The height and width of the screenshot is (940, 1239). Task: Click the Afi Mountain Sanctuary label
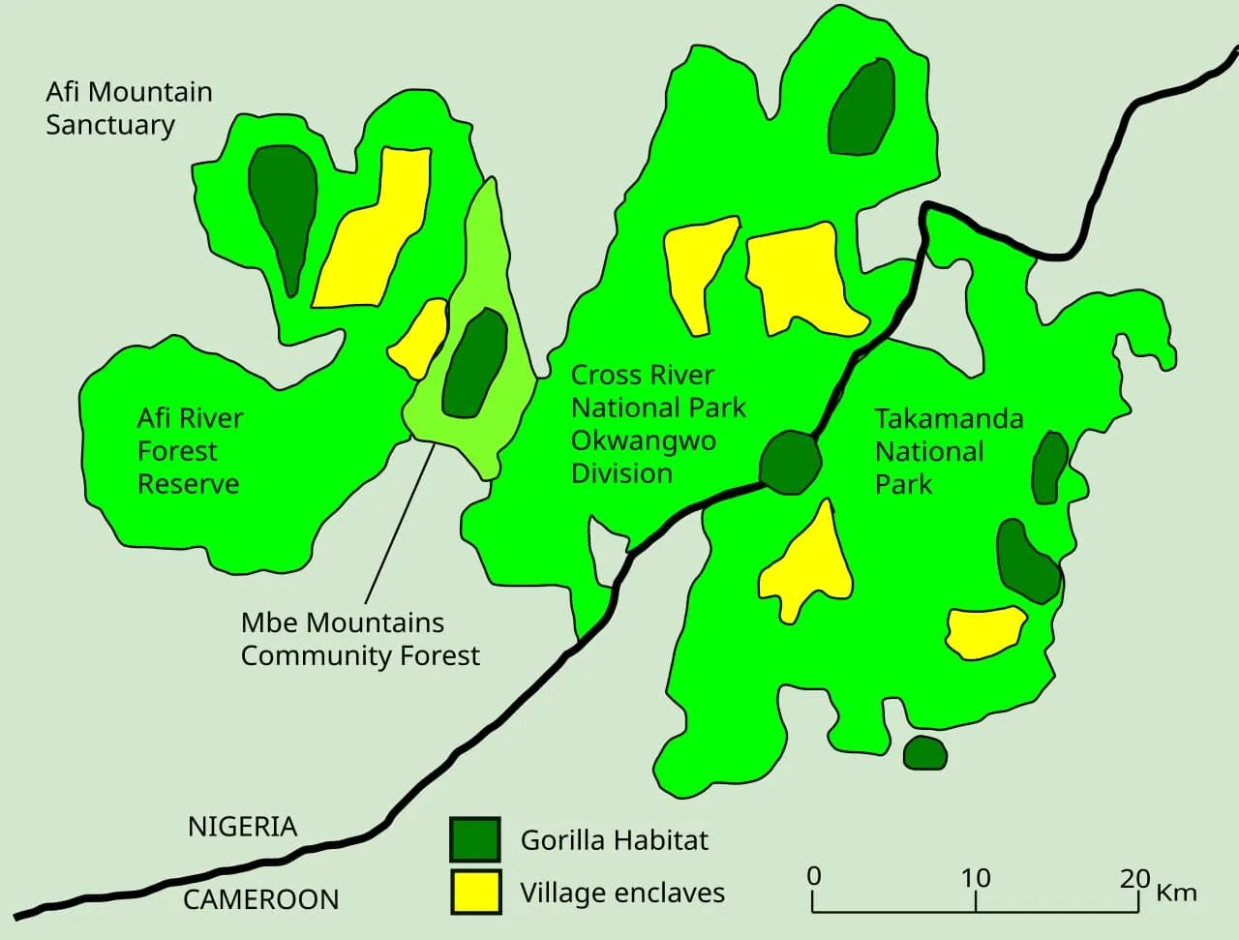(129, 108)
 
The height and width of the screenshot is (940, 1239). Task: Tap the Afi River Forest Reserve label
(190, 451)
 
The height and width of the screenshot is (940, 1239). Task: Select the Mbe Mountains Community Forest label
(360, 639)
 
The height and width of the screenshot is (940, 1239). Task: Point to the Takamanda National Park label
(949, 451)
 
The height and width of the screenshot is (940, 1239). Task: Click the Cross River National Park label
(658, 424)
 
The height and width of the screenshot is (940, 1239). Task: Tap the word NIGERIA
(242, 827)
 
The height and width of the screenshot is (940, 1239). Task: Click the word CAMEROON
(261, 899)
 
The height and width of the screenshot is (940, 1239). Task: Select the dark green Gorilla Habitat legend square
(475, 839)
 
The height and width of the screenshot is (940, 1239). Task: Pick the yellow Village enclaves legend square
(475, 892)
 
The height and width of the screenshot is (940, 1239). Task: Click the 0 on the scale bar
(814, 876)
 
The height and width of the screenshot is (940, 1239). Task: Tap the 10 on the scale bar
(976, 878)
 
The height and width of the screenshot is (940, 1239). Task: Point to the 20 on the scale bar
(1134, 878)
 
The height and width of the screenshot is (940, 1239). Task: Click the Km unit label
(1176, 892)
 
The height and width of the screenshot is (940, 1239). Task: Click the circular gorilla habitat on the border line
(791, 463)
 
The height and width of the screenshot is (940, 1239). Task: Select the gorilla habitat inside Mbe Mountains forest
(475, 363)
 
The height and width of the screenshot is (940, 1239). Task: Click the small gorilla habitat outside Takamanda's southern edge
(924, 753)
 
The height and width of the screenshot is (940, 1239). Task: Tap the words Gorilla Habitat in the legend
(615, 839)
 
